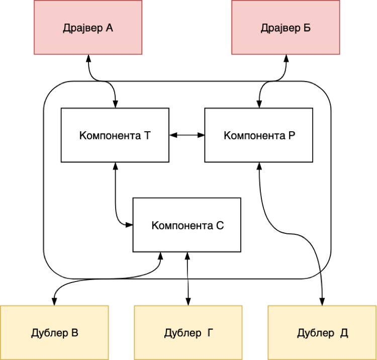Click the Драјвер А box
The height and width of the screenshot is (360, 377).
point(88,27)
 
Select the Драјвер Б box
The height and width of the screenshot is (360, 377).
point(286,27)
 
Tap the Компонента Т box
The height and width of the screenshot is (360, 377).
point(115,135)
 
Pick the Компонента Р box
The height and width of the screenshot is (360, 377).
point(258,135)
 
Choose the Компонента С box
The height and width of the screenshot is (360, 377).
point(186,225)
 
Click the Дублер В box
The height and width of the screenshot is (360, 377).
point(54,332)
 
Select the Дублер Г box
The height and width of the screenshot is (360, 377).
point(188,332)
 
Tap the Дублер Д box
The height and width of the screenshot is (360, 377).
point(322,332)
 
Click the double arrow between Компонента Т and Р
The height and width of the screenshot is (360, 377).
point(186,135)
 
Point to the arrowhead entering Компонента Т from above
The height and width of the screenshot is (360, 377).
point(115,104)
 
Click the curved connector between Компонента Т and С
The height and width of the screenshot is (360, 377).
point(117,201)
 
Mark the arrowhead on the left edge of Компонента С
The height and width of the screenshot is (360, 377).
point(129,225)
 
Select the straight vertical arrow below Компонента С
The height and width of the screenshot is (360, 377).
point(187,266)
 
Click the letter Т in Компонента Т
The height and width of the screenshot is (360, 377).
point(147,135)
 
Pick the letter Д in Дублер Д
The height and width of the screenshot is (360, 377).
point(344,333)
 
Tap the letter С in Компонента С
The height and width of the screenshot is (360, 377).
point(220,225)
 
